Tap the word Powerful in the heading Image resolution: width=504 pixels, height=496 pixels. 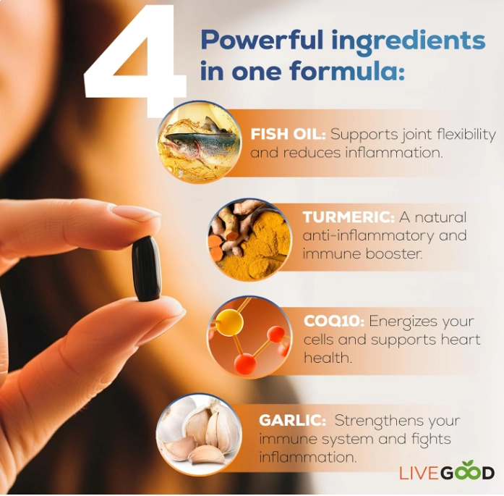point(262,40)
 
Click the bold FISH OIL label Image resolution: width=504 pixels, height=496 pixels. point(288,134)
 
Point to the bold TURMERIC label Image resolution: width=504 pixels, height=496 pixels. point(349,217)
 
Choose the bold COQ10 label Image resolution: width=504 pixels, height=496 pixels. point(334,321)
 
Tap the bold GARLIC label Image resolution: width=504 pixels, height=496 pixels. point(293,421)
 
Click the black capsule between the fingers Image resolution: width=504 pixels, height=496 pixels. point(147,269)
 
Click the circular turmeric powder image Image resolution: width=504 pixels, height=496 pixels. point(249,240)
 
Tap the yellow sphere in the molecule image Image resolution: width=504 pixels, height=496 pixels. point(229,322)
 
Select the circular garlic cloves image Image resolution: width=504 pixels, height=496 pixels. point(199,434)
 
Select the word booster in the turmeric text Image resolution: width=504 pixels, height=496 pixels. point(394,254)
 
